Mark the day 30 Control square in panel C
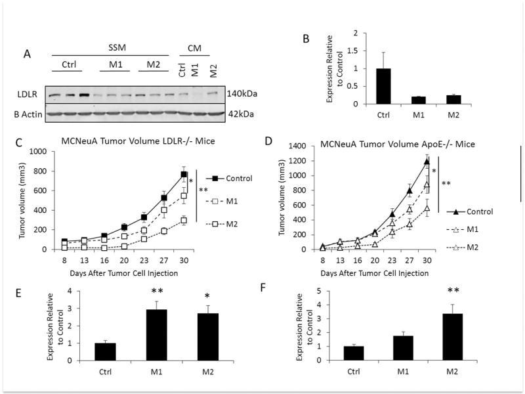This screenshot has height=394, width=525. coord(185,174)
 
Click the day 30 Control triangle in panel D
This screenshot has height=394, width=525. coord(427,162)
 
